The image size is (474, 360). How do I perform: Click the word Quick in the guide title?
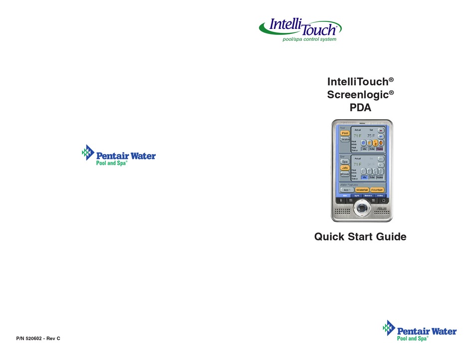pos(329,237)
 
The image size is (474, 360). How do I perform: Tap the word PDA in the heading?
pos(360,106)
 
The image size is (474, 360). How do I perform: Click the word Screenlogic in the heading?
pos(358,93)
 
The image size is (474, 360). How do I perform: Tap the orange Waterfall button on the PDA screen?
pos(362,190)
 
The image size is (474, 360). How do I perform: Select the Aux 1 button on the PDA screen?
pos(346,190)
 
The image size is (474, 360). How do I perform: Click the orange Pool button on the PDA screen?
pos(345,133)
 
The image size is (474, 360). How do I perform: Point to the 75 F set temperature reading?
pos(371,136)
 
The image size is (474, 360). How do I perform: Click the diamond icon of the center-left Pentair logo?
pos(88,152)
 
